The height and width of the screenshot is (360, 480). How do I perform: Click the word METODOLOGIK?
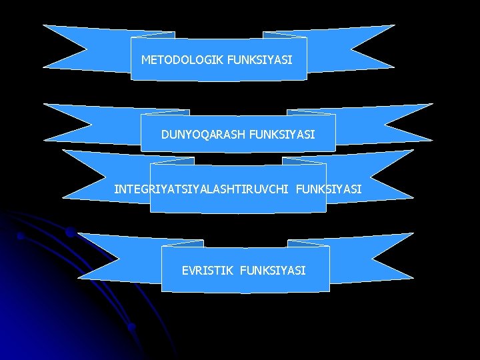click(x=182, y=60)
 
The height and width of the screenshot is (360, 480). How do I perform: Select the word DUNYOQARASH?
click(x=203, y=135)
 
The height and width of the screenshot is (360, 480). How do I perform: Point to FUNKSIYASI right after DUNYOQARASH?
click(x=282, y=135)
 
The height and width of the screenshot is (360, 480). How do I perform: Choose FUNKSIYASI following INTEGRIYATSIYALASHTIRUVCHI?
click(x=328, y=189)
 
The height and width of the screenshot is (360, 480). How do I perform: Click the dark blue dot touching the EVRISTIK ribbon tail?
click(x=70, y=233)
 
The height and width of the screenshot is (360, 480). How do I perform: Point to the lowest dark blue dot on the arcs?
click(x=132, y=327)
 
